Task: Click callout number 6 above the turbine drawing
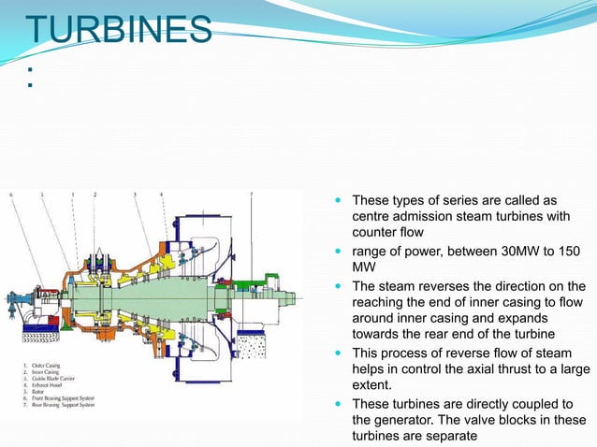(12, 195)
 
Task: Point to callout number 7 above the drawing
(251, 195)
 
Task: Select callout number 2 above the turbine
(95, 195)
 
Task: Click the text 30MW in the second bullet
(503, 252)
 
